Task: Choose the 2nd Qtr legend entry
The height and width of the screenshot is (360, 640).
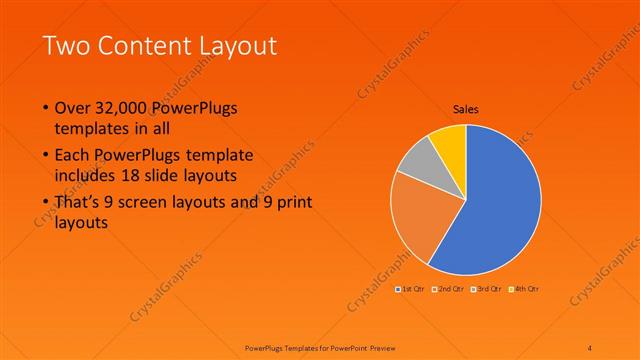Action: [449, 289]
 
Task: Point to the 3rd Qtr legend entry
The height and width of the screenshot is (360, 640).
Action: [487, 289]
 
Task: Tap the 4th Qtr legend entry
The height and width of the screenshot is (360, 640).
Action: [524, 289]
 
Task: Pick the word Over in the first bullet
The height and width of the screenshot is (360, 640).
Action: [73, 107]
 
